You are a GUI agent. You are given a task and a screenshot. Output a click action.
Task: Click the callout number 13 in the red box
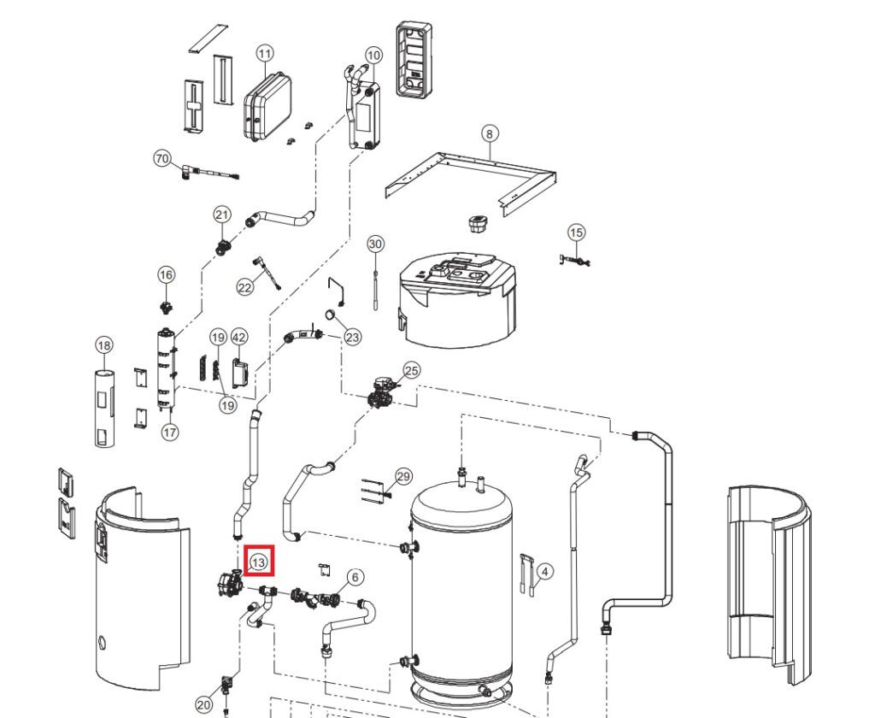pos(259,562)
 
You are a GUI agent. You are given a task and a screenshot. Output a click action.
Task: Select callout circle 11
pos(265,54)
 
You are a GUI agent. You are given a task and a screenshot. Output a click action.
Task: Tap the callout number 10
pos(373,56)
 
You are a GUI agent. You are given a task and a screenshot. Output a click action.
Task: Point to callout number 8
pos(489,133)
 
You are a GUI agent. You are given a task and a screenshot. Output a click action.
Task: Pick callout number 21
pos(222,214)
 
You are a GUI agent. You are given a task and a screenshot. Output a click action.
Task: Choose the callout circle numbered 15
pos(577,232)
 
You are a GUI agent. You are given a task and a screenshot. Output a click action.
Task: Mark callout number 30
pos(376,244)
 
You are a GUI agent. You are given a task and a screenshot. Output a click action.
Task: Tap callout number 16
pos(166,274)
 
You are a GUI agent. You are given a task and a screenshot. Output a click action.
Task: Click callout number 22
pos(245,287)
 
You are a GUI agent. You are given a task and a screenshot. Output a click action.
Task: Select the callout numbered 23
pos(352,337)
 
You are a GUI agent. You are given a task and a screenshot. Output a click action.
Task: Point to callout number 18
pos(103,345)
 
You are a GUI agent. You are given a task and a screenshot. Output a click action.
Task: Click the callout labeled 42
pos(239,337)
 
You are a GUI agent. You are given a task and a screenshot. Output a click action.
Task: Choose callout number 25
pos(412,370)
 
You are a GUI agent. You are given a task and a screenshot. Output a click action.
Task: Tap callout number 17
pos(170,433)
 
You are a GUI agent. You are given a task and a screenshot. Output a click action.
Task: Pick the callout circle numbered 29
pos(403,476)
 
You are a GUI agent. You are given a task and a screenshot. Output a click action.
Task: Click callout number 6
pos(355,577)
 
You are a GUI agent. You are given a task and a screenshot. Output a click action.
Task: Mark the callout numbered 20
pos(203,704)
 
